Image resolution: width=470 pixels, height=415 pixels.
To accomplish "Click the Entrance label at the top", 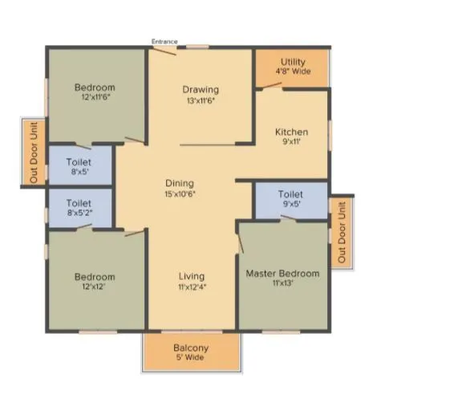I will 164,42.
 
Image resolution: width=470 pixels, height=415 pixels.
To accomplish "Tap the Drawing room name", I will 200,90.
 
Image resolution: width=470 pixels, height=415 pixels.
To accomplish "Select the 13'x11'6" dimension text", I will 200,101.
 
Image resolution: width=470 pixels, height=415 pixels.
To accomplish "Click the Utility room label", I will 293,62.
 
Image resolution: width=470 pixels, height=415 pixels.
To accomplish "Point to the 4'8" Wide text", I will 293,71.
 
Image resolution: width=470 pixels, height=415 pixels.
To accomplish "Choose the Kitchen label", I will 291,132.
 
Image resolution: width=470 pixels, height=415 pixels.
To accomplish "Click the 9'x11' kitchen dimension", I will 291,143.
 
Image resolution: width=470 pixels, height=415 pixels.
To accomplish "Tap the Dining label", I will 179,184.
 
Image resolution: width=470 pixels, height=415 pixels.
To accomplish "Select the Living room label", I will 191,276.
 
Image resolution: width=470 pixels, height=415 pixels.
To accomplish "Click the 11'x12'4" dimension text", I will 191,287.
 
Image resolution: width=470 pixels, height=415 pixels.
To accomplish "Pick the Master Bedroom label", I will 282,274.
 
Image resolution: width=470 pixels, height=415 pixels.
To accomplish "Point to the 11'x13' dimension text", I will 282,284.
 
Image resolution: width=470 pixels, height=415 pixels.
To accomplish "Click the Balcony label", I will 191,348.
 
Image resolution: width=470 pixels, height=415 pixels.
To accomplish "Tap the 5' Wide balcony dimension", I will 191,358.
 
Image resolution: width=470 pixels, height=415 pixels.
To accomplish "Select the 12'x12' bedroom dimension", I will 95,287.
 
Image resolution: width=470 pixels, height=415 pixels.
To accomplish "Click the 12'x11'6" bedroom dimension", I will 95,98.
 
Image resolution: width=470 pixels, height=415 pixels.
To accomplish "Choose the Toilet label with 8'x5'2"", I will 79,204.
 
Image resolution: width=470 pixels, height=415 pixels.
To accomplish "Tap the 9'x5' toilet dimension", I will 290,205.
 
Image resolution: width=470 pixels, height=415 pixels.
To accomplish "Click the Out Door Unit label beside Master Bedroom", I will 342,232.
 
